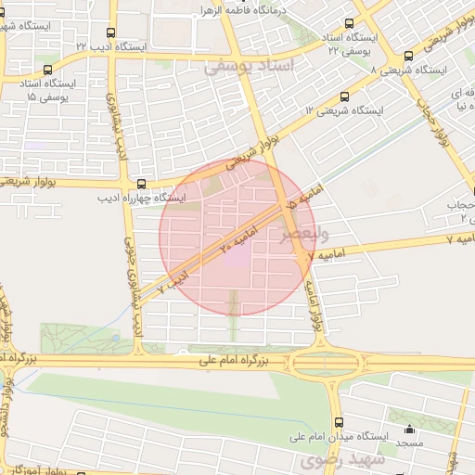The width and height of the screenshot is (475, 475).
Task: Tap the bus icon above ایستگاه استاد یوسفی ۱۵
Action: coord(46,68)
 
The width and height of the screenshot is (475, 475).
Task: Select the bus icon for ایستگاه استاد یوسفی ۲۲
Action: coord(349,23)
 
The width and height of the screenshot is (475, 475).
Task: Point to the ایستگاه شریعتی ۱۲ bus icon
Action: coord(345,96)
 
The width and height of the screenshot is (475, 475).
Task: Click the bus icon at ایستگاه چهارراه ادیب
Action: coord(141,184)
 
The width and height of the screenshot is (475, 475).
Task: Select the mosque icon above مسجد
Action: coord(409,430)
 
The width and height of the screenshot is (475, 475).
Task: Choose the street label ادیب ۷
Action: coord(173,282)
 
